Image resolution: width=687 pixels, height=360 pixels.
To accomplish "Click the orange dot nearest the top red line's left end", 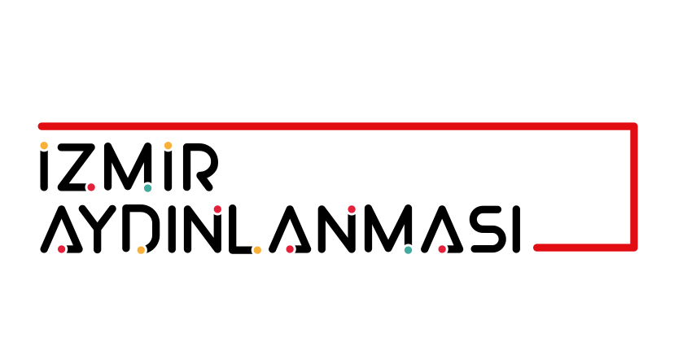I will point(44,146).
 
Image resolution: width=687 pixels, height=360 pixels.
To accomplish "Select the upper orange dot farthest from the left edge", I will point(168,146).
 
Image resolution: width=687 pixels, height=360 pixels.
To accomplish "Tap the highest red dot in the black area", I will point(91,187).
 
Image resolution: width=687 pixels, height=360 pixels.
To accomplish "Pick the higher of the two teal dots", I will point(147,188).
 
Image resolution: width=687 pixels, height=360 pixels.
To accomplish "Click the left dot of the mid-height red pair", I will point(217,209).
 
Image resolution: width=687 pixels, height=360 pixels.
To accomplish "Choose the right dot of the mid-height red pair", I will point(352,209).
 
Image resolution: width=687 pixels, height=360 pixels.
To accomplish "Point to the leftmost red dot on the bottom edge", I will point(61,249).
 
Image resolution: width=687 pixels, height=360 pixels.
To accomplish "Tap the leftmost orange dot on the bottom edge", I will point(141,250).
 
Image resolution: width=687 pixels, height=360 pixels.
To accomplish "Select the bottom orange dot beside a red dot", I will point(257,250).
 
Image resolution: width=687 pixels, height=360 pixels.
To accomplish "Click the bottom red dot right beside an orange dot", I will point(290,249).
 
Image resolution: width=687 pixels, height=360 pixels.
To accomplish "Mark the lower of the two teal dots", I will point(408,250).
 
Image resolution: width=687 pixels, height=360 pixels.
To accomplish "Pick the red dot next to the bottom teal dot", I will point(442,249).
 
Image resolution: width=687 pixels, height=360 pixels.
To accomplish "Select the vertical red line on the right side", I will point(633,187).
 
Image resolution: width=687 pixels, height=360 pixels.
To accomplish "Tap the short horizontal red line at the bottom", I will point(582,247).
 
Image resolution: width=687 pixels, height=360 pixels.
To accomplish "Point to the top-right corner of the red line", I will point(633,126).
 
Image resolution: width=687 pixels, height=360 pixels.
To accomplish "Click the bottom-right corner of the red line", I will point(633,247).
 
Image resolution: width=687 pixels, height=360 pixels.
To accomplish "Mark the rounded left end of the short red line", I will point(537,247).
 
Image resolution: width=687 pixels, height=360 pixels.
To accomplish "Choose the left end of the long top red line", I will point(41,126).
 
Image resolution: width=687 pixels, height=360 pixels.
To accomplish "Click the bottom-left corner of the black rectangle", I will point(38,252).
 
